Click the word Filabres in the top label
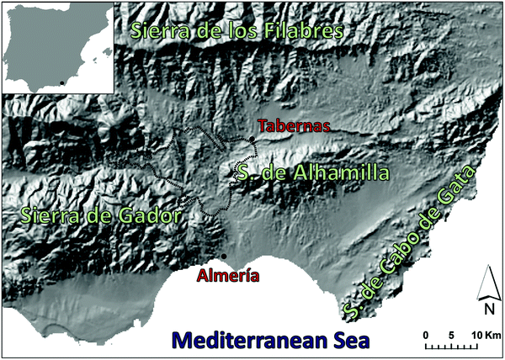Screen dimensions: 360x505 tap(299, 31)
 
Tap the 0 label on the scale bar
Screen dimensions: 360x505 tap(426, 334)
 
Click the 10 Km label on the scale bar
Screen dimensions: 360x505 tap(486, 334)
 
